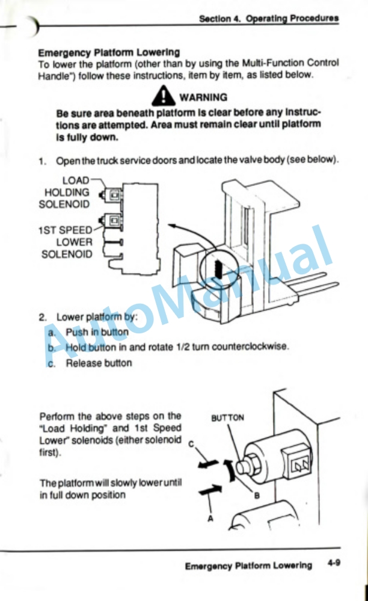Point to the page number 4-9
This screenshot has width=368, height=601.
[x=334, y=564]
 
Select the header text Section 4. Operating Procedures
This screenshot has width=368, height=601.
[x=269, y=19]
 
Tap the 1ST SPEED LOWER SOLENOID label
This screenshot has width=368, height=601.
[x=66, y=241]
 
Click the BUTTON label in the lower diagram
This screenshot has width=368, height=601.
[x=227, y=418]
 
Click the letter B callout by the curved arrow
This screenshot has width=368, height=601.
[x=256, y=496]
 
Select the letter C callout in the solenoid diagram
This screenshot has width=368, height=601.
[x=191, y=445]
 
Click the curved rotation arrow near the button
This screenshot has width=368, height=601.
[x=229, y=473]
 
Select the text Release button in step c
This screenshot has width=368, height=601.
[x=99, y=363]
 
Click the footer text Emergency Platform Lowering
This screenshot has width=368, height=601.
[x=248, y=566]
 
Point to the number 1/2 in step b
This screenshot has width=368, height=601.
[x=182, y=347]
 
